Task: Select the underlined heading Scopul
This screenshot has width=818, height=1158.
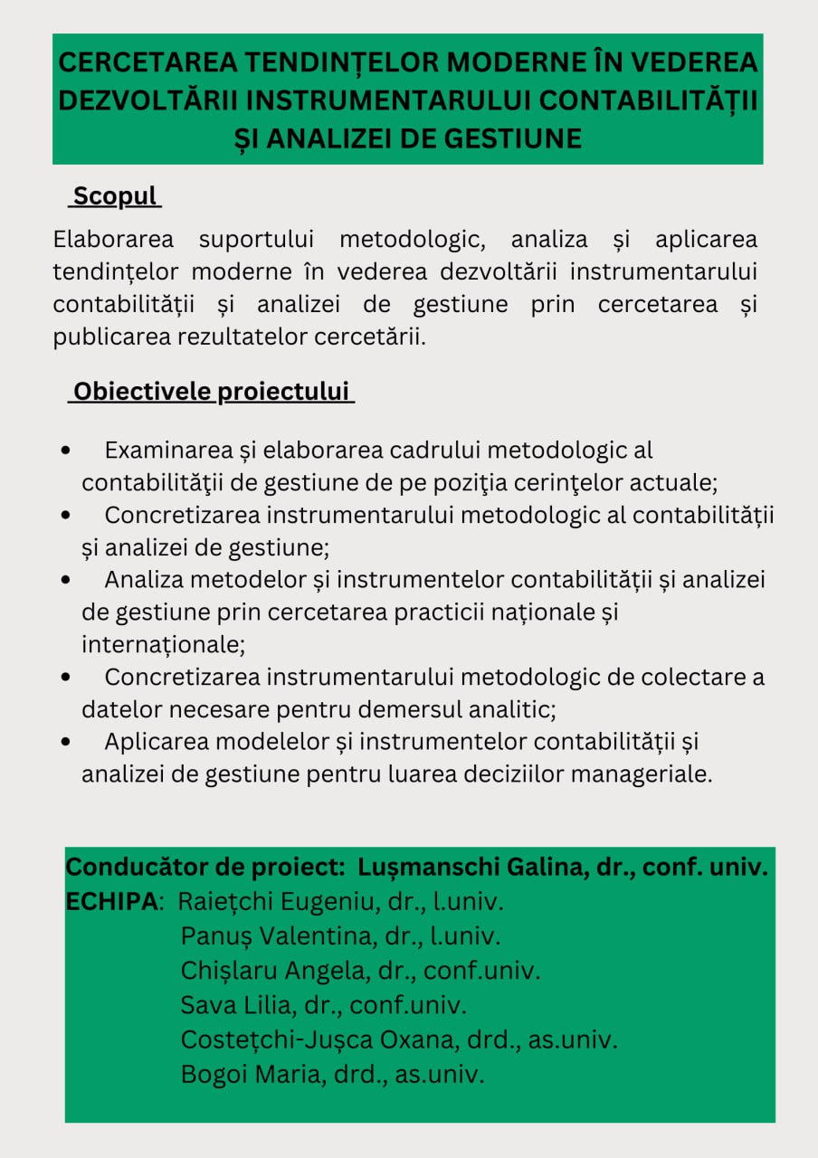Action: (x=115, y=196)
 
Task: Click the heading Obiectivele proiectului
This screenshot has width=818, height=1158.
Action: (x=211, y=392)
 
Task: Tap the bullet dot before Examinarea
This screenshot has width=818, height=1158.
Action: (x=66, y=451)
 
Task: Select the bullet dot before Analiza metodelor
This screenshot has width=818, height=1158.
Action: (x=66, y=580)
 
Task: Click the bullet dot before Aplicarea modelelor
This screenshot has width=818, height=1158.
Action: (x=66, y=742)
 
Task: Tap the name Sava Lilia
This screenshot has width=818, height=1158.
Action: (x=242, y=1005)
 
